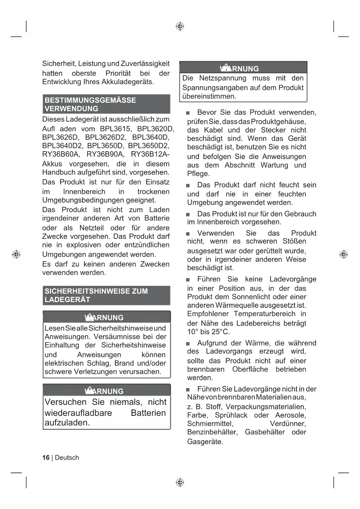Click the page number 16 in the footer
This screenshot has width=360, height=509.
click(x=46, y=458)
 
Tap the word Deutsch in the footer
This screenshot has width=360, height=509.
click(x=67, y=458)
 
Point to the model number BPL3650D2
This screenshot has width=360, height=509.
click(x=149, y=146)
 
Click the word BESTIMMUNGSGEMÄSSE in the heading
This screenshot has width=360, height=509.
click(x=90, y=100)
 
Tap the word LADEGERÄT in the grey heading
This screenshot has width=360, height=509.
click(x=67, y=300)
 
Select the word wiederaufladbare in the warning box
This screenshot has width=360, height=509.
click(x=78, y=413)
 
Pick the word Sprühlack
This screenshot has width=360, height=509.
click(x=231, y=415)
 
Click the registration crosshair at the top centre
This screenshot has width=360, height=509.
click(x=180, y=26)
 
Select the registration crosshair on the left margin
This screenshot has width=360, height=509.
click(x=16, y=254)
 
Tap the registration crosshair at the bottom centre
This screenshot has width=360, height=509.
click(x=180, y=482)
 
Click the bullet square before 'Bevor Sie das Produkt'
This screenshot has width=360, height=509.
click(x=188, y=113)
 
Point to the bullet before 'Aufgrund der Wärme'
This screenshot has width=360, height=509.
click(x=188, y=344)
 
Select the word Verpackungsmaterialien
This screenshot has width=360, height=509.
click(x=266, y=407)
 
